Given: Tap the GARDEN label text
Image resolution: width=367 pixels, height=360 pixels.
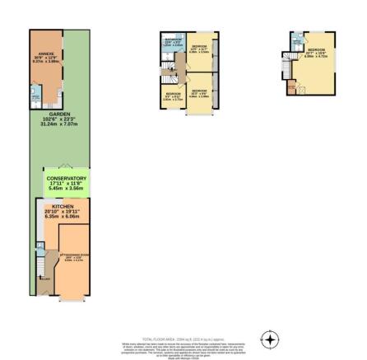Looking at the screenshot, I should click(58, 114).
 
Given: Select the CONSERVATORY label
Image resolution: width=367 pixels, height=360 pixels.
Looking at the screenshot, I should click(67, 178).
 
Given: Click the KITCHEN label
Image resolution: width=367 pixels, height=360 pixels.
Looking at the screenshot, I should click(63, 207).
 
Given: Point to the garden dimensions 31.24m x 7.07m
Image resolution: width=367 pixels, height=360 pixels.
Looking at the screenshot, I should click(58, 124).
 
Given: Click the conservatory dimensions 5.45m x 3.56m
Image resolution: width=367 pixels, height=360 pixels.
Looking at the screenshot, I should click(67, 188).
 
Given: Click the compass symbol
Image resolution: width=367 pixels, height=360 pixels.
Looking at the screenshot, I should click(271, 339).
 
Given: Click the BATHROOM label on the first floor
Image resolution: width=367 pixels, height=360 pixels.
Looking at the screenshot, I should click(172, 40).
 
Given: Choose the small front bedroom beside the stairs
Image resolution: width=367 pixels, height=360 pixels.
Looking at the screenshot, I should click(173, 96).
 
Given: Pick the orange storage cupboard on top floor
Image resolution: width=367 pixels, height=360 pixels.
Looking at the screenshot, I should click(292, 86).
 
